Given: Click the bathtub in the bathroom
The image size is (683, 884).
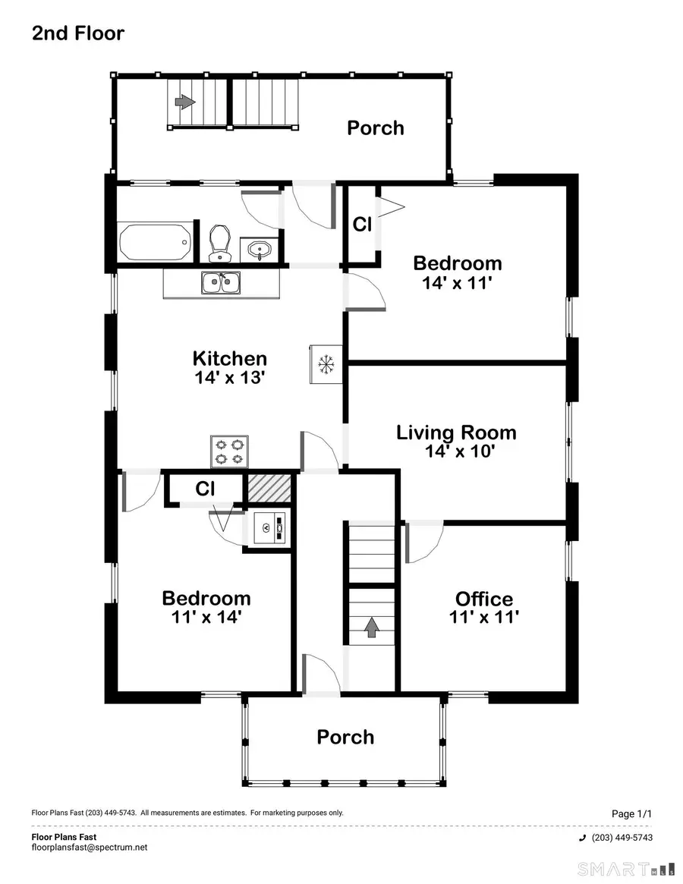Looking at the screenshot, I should click(x=156, y=241).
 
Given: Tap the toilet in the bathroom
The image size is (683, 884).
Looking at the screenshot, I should click(x=220, y=242).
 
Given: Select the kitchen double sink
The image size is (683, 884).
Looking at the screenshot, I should click(x=222, y=284).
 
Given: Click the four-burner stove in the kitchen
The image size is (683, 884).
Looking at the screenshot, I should click(x=230, y=451).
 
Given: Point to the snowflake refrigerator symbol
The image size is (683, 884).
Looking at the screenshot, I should click(x=326, y=365).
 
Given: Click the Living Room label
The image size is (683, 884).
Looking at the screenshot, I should click(x=456, y=433).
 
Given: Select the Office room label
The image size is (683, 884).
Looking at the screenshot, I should click(x=483, y=599).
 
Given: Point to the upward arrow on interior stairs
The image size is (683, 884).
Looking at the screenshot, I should click(x=372, y=627).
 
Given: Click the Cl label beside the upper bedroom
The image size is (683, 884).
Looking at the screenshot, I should click(x=362, y=225).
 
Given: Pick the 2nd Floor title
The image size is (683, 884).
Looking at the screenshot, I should click(x=77, y=33).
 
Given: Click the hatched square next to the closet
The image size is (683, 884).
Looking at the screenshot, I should click(x=270, y=487).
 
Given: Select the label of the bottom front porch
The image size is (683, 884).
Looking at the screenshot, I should click(x=345, y=737).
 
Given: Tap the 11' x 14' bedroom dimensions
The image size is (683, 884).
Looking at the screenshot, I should click(x=206, y=617).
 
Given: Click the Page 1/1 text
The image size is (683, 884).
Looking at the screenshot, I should click(x=631, y=814).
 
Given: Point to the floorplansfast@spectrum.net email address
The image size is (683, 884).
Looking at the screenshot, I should click(x=90, y=848).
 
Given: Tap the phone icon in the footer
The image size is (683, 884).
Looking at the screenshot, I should click(x=582, y=838).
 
